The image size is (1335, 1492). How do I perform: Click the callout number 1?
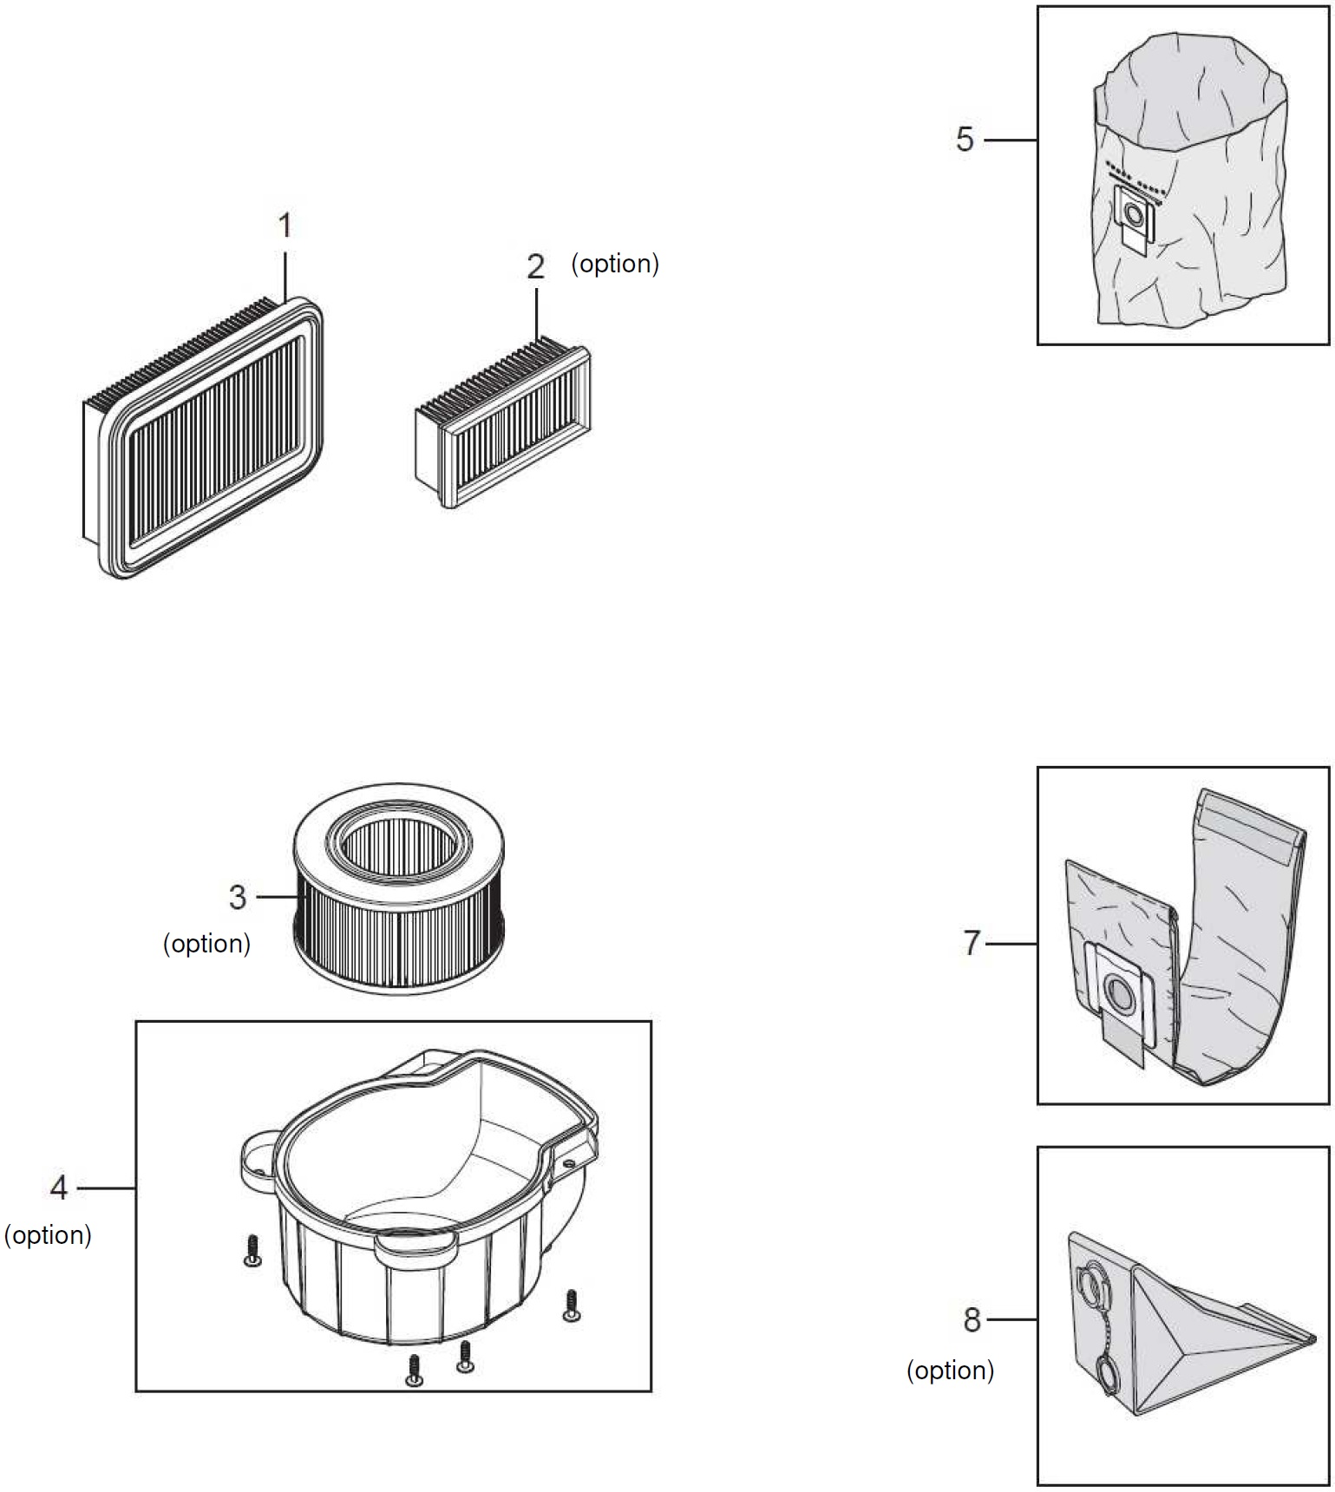tap(285, 226)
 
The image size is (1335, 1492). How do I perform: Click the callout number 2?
tap(535, 266)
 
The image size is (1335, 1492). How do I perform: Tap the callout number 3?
tap(238, 897)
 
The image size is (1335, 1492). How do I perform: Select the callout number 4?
tap(58, 1188)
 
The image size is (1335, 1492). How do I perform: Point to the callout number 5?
tap(965, 140)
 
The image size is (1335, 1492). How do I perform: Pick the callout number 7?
tap(972, 943)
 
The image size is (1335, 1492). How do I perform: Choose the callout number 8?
tap(972, 1319)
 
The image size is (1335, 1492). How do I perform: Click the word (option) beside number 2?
tap(615, 264)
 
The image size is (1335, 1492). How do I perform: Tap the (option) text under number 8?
tap(950, 1371)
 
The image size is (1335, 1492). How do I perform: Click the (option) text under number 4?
tap(48, 1235)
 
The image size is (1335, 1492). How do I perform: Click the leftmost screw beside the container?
tap(252, 1250)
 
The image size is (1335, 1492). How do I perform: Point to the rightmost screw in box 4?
tap(571, 1305)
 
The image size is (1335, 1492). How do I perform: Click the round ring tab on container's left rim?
tap(258, 1158)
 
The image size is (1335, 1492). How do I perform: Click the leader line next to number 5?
tap(1011, 140)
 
